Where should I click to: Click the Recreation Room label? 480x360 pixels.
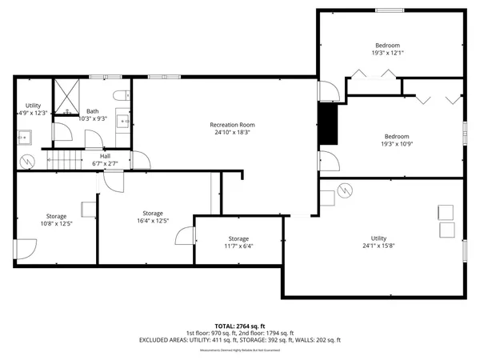tap(232, 124)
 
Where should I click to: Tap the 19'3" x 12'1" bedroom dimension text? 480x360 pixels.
tap(388, 54)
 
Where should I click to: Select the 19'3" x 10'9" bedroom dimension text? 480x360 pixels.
tap(397, 145)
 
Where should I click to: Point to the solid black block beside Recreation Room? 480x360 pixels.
tap(327, 124)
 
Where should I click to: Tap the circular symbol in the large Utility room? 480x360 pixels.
tap(346, 190)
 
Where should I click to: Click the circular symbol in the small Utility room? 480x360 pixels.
tap(28, 161)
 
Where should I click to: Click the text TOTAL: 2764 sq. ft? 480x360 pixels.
tap(240, 326)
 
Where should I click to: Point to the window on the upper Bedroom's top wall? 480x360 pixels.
tap(388, 10)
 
